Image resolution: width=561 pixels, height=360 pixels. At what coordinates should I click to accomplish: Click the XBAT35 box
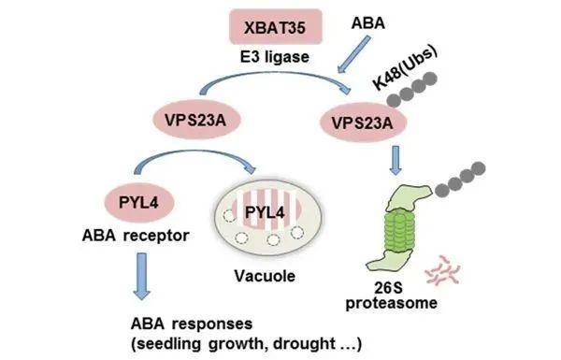click(276, 27)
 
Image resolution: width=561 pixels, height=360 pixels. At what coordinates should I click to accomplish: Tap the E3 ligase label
click(275, 57)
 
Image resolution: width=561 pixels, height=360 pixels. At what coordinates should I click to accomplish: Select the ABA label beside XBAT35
click(367, 23)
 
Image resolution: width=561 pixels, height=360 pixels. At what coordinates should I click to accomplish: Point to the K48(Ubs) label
click(405, 67)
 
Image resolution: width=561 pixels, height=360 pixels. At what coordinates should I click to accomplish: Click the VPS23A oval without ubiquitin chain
click(195, 121)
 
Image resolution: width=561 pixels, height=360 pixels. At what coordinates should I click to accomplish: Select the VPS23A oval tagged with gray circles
click(363, 122)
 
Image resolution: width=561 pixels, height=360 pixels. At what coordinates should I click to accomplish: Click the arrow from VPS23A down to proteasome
click(396, 160)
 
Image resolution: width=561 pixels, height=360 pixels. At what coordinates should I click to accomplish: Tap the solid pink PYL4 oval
click(138, 203)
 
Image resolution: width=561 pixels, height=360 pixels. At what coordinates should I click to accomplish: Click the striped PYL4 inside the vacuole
click(266, 211)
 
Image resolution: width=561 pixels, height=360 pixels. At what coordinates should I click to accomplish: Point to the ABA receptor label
click(136, 236)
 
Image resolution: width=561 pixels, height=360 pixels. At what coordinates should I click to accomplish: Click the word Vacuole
click(265, 276)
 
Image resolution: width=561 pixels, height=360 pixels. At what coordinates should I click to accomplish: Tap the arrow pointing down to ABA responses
click(142, 276)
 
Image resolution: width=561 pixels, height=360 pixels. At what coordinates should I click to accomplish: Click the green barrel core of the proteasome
click(398, 232)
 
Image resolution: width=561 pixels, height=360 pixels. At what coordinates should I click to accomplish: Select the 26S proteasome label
click(391, 295)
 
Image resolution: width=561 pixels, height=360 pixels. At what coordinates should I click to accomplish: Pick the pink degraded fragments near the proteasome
click(443, 271)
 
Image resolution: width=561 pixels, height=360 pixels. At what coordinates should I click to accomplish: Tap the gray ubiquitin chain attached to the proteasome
click(460, 180)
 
